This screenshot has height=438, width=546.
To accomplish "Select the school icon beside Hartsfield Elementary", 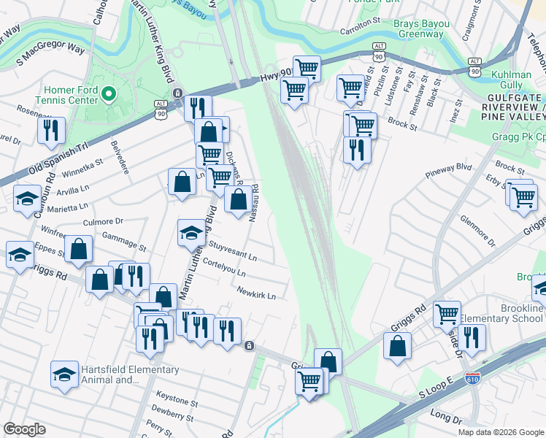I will tap(64, 374).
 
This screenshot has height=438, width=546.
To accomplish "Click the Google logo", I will tap(25, 429).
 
